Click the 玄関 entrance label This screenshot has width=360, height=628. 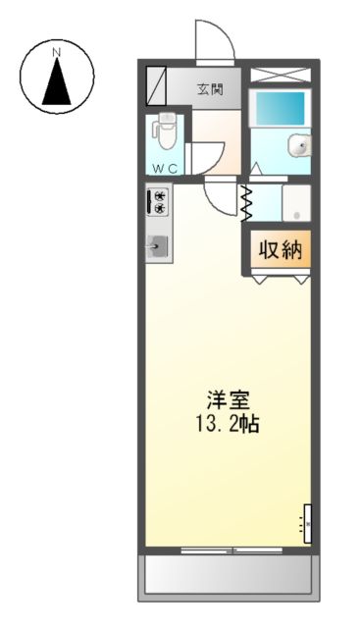209,90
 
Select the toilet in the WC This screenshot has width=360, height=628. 167,131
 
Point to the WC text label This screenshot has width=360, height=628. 164,168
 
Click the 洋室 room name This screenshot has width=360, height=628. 228,400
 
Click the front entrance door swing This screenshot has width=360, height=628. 214,41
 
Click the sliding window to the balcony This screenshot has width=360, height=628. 228,549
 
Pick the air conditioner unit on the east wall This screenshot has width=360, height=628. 306,523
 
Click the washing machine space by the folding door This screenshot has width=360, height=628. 296,203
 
